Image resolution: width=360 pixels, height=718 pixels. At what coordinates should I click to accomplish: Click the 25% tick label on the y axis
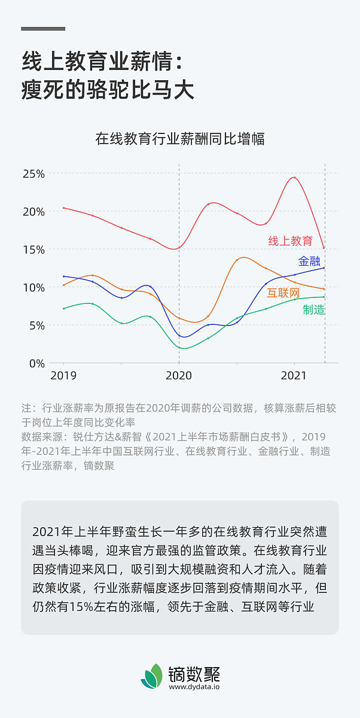33,174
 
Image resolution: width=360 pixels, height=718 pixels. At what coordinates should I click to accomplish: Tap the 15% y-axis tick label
33,250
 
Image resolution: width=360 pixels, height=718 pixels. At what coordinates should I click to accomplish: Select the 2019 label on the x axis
63,376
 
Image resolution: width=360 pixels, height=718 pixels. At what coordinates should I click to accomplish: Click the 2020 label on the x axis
179,376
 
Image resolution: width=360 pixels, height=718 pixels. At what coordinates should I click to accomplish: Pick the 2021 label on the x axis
294,376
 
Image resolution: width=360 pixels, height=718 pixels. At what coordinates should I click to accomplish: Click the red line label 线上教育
290,241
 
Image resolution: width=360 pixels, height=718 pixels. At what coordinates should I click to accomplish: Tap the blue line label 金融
309,261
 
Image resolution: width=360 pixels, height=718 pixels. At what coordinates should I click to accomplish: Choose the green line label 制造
313,309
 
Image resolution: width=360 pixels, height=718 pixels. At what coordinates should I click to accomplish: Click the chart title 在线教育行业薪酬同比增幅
180,139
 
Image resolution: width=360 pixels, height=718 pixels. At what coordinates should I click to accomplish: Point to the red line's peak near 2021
294,177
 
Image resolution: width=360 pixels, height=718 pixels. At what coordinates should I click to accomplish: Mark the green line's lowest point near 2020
182,348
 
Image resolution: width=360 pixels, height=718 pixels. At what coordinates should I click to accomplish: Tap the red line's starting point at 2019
64,208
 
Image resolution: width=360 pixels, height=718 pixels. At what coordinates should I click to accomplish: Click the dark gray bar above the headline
43,29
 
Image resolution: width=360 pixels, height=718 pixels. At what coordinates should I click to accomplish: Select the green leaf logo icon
152,676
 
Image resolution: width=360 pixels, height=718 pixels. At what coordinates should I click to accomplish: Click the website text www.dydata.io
194,687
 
